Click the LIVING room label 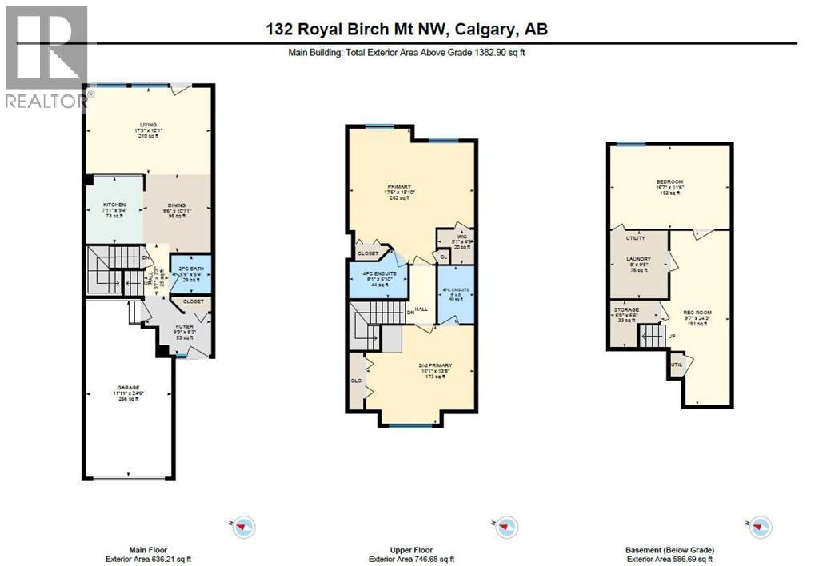(148, 125)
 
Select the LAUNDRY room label (638, 259)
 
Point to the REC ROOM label (698, 313)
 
